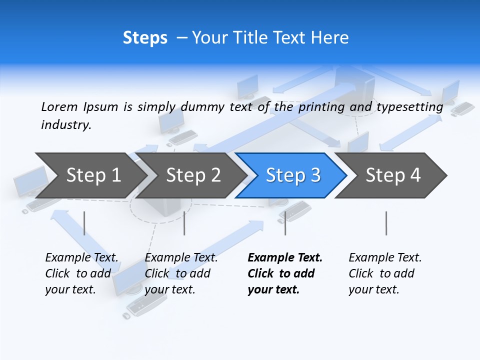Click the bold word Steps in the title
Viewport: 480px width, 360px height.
145,38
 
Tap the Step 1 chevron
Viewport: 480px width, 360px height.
93,175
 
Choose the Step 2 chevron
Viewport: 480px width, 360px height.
193,175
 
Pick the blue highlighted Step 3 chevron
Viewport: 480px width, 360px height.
293,175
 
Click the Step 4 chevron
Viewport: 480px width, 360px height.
393,175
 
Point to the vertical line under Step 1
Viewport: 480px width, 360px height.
84,223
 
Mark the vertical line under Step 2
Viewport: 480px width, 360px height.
184,223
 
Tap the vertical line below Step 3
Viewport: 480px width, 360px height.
285,223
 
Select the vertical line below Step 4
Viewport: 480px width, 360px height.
386,223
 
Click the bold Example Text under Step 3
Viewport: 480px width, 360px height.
285,258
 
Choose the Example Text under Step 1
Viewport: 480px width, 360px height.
81,258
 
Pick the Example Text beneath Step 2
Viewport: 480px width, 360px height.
181,258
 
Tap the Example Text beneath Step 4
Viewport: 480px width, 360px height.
385,258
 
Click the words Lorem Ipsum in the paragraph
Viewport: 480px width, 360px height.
79,107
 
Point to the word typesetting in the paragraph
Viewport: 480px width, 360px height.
409,107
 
